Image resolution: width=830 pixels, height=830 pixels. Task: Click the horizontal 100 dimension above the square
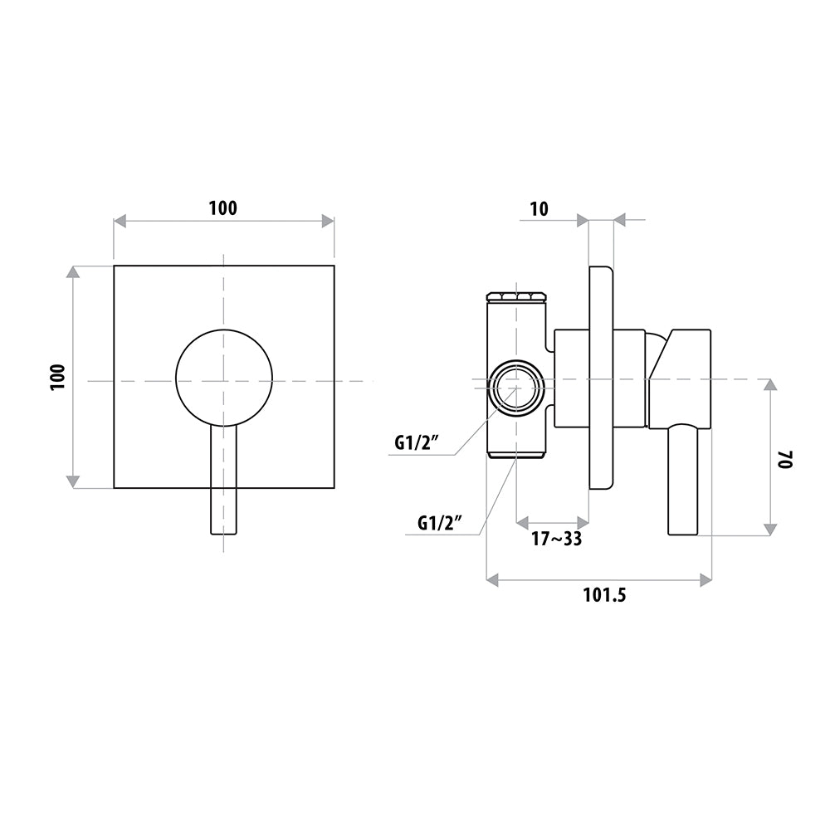222,208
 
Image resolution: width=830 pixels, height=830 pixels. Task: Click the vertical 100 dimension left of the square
58,377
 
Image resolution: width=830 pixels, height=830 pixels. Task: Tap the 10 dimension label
539,209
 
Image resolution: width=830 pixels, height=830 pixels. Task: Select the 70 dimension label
784,459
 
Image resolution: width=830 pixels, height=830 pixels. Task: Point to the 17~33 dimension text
557,539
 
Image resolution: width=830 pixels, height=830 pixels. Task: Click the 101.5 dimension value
604,595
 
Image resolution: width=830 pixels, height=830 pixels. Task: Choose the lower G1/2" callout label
441,523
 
